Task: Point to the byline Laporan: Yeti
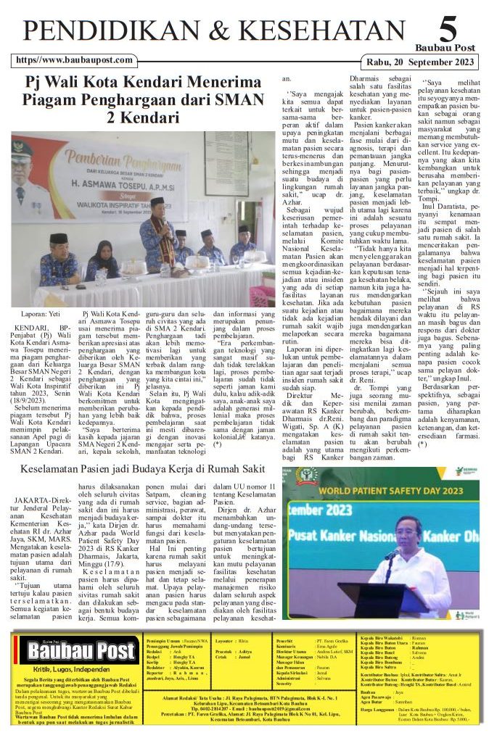coord(40,314)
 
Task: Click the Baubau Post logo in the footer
coord(78,650)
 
